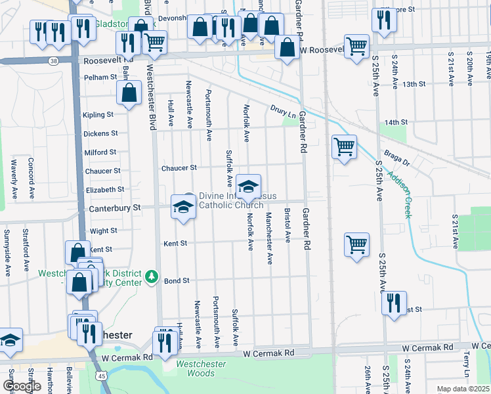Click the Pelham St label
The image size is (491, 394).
coord(100,77)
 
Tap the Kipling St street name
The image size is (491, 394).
coord(98,115)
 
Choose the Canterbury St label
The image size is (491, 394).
coord(115,208)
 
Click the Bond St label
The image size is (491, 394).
coord(177,280)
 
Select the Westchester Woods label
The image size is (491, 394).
coord(201,368)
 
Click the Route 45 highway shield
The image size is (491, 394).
coord(100,376)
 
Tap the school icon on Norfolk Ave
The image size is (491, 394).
coord(248,186)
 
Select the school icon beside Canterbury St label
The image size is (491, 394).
coord(182,207)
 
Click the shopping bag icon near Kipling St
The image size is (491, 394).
coord(130,93)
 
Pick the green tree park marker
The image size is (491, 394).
coord(152,274)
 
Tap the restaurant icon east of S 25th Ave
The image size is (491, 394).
coord(393,303)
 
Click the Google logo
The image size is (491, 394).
coord(22,386)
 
